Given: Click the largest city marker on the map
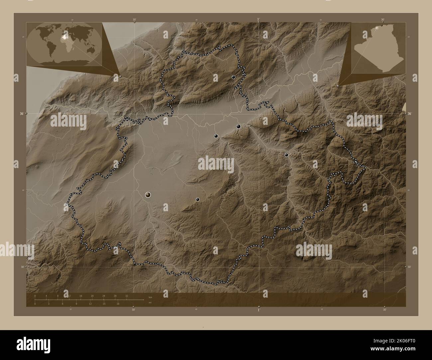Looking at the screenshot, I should coord(148,195).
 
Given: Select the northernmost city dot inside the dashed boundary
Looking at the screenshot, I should coord(234,77).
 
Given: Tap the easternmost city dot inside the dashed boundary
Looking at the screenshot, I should coord(286,155).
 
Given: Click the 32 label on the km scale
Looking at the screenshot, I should coord(127,296).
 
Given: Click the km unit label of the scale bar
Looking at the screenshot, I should coord(150,297).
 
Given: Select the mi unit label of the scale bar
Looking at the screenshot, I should coord(150,303).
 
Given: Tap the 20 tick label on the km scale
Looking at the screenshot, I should coord(92,296).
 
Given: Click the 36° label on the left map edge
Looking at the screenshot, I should coord(21,114).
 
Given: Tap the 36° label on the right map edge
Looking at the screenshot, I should coord(410,114).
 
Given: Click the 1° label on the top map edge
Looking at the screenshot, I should coord(259,20).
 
